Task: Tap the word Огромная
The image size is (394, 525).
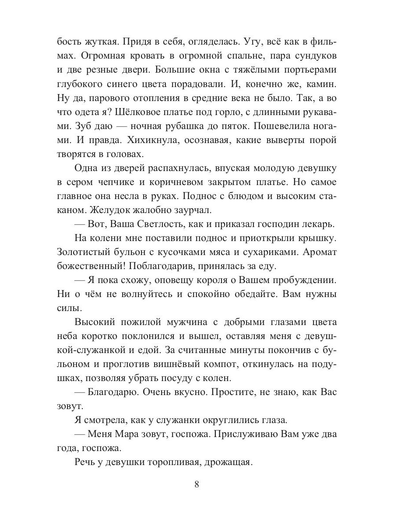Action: [x=108, y=56]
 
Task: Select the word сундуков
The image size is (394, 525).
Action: [x=312, y=56]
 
